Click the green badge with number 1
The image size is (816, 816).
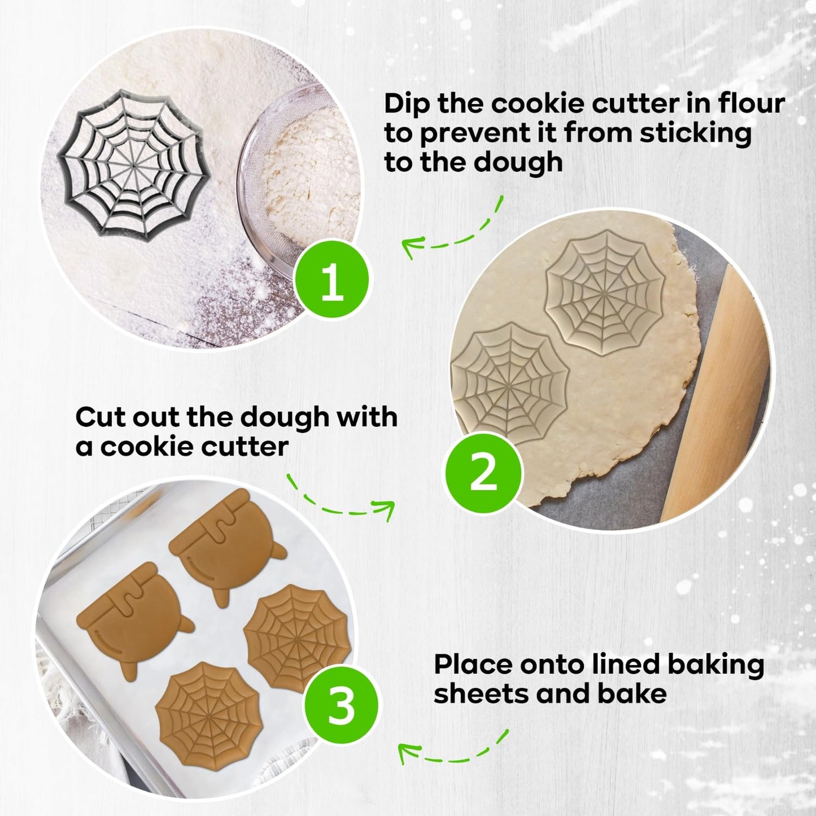point(333,280)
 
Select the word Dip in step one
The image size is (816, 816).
point(407,104)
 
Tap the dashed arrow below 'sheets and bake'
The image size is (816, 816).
point(452,758)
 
